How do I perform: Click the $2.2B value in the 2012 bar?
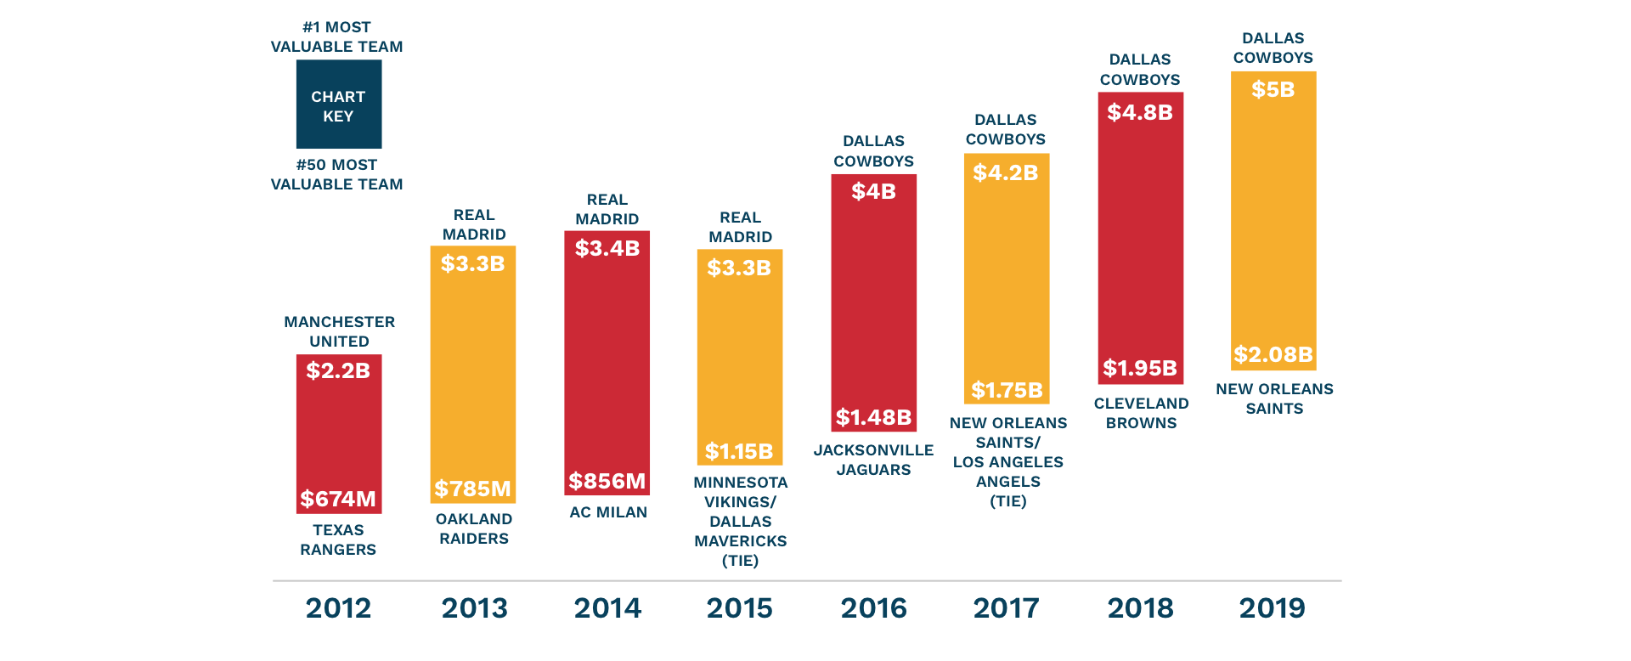tap(338, 370)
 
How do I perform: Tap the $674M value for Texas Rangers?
tap(338, 499)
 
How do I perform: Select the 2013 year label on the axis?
tap(474, 608)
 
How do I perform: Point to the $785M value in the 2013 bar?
tap(472, 489)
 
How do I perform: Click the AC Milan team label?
tap(608, 512)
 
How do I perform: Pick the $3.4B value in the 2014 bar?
tap(607, 248)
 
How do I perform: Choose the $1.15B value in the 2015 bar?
tap(739, 451)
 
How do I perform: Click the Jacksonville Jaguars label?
tap(873, 460)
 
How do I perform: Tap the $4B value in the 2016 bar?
tap(873, 192)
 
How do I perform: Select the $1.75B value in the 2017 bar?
tap(1007, 390)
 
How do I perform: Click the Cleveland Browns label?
tap(1141, 413)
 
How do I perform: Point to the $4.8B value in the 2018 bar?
tap(1140, 112)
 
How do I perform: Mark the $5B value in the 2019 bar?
tap(1273, 89)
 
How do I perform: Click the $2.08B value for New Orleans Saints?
tap(1273, 354)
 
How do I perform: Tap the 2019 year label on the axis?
tap(1272, 608)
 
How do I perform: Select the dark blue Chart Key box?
tap(338, 105)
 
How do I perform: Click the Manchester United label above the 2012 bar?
tap(339, 331)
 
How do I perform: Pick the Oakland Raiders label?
tap(474, 528)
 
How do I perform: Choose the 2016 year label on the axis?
tap(873, 608)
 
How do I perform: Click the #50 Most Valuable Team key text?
tap(336, 174)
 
